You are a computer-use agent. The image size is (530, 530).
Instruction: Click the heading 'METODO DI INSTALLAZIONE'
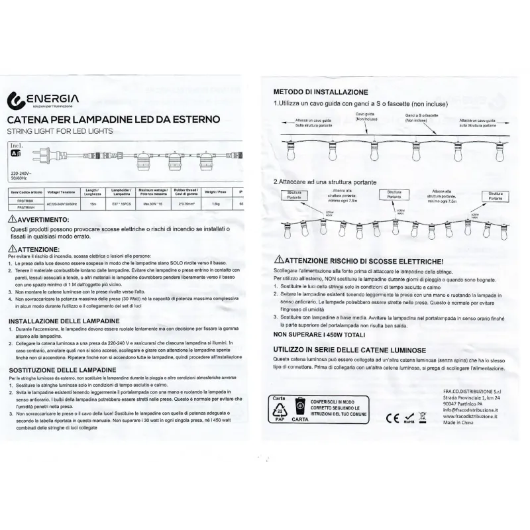pos(316,92)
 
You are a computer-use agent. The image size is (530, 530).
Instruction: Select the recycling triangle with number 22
pos(278,417)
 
